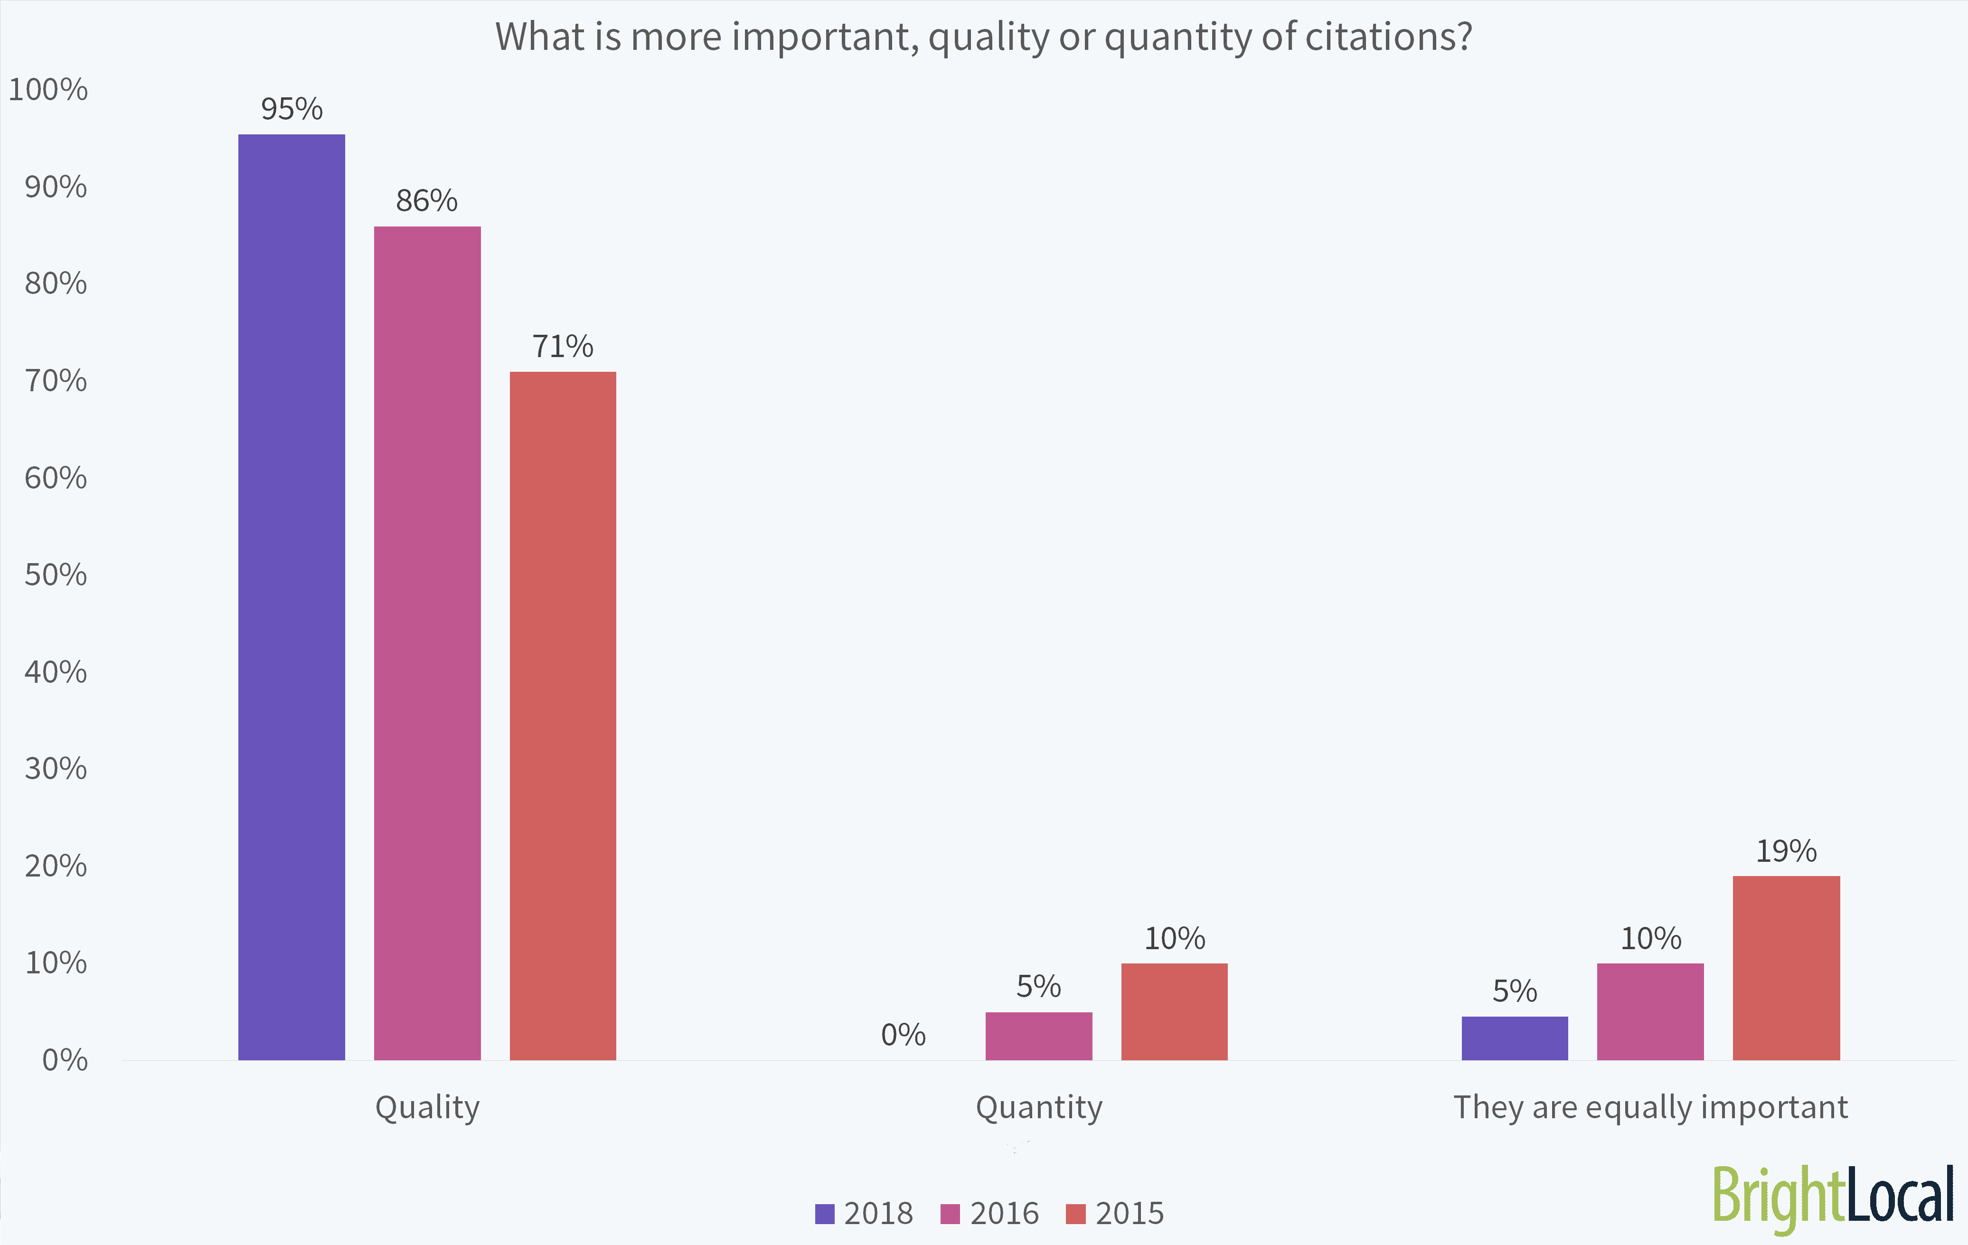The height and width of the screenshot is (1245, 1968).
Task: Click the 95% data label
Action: pyautogui.click(x=292, y=109)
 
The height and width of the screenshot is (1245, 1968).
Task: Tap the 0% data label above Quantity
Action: pyautogui.click(x=903, y=1035)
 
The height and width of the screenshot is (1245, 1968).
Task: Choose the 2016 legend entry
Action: pyautogui.click(x=990, y=1213)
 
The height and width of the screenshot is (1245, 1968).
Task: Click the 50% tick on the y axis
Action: pyautogui.click(x=56, y=575)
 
